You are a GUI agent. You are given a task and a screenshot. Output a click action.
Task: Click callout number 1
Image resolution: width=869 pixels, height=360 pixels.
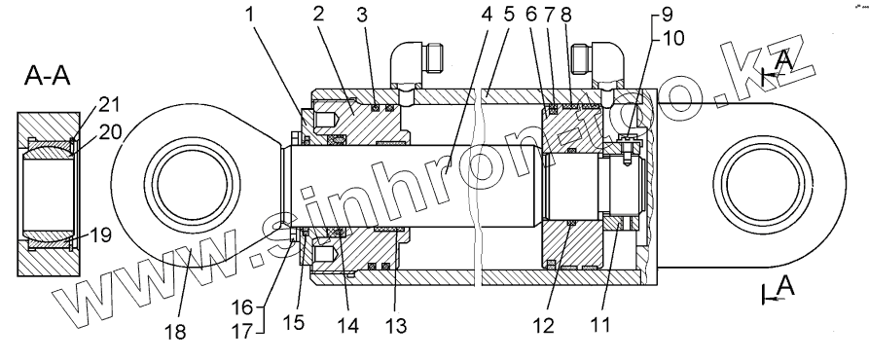coord(250,15)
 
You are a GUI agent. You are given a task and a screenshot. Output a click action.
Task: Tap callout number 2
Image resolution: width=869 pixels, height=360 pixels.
coord(317,15)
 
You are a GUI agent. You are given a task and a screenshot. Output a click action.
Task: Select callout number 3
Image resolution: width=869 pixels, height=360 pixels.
coord(362,15)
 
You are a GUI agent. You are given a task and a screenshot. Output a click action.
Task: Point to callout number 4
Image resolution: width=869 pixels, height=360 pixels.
coord(487,15)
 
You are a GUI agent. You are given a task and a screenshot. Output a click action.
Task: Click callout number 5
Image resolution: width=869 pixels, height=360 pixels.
coord(509,15)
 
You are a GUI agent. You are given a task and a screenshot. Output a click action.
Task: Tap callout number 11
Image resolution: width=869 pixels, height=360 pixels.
coord(600,325)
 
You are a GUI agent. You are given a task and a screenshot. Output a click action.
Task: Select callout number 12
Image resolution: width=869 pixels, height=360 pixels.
coord(544,326)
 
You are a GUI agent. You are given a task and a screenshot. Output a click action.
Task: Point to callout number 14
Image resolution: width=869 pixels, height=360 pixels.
coord(347,325)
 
